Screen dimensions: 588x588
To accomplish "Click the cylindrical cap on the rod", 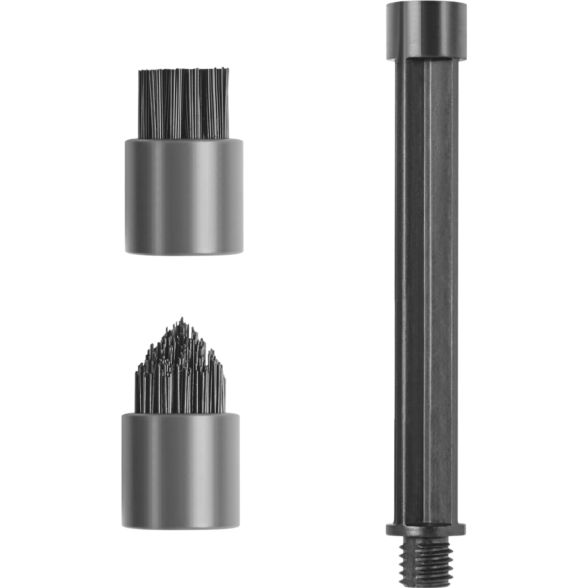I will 426,30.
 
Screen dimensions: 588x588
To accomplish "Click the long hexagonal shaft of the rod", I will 426,274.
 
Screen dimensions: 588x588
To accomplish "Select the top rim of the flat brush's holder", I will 184,140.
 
